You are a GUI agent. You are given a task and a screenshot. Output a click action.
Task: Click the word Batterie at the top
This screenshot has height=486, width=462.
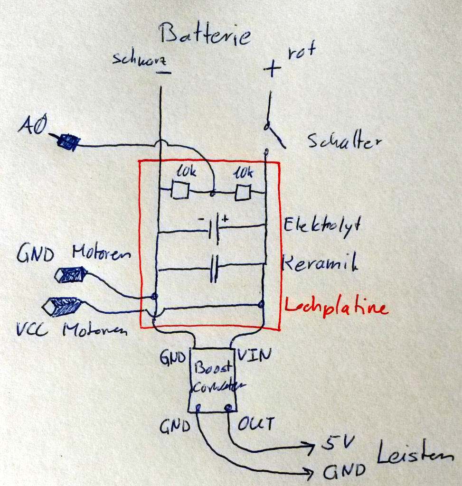(205, 35)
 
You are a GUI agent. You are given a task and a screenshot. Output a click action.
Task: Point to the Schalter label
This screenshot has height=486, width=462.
(344, 140)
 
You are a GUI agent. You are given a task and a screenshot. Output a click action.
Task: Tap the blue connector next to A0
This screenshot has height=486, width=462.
(67, 141)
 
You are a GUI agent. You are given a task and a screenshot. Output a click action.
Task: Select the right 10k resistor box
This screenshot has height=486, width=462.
(243, 192)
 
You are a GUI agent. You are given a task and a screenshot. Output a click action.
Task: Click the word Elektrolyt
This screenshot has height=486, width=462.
(322, 224)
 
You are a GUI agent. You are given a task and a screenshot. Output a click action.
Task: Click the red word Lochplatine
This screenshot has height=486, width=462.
(336, 308)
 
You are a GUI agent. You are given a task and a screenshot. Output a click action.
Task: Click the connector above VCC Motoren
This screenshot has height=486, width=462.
(63, 307)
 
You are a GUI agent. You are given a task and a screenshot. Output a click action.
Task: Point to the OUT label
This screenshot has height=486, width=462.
(255, 423)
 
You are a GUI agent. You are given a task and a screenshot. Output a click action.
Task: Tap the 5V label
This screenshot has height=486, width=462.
(338, 444)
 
